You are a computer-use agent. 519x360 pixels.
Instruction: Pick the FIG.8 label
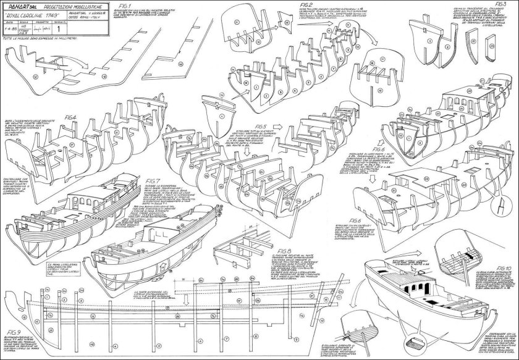point(285,250)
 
